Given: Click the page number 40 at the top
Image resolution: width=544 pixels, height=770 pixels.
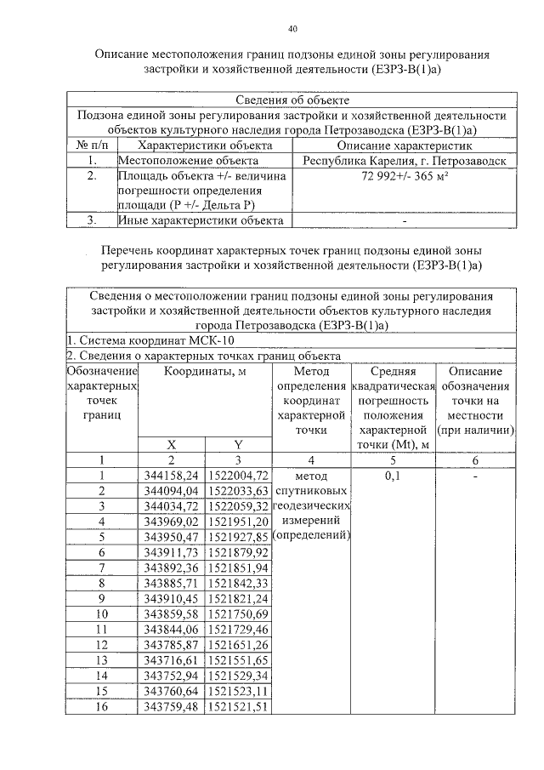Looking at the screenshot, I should pos(292,29).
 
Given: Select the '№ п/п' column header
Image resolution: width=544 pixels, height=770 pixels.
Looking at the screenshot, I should pos(91,145).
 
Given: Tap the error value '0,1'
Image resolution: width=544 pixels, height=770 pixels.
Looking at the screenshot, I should pos(393,476).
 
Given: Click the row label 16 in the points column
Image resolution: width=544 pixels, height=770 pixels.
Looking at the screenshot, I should pos(101,706).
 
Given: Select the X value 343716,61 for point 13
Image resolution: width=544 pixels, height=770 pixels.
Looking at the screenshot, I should pos(172,659).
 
